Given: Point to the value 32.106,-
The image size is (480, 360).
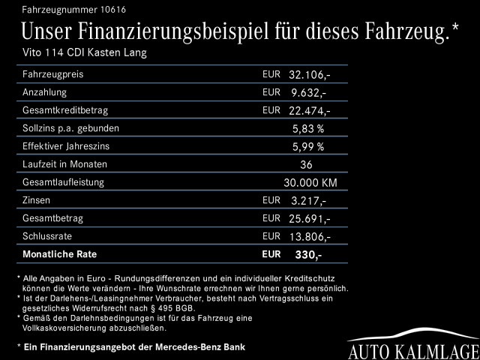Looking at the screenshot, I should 309,75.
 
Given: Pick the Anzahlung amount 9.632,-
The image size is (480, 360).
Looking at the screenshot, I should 309,93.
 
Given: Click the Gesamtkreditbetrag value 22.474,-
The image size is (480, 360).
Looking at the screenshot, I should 309,111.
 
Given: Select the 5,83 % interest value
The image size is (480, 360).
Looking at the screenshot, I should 307,129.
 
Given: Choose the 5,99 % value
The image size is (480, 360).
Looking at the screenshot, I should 307,147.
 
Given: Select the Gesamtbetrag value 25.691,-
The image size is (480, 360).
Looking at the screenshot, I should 309,219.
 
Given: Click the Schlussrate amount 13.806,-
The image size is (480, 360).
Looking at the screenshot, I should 309,237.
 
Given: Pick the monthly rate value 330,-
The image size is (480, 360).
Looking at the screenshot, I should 307,255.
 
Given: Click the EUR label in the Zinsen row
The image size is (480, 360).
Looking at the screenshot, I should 271,200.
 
